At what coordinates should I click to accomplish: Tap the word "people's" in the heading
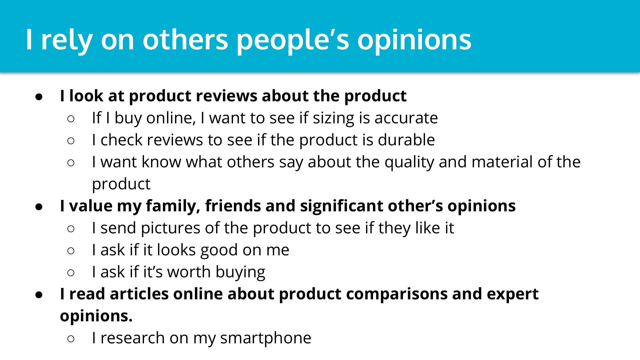293,40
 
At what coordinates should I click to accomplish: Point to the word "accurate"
406,118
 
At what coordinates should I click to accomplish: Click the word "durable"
406,140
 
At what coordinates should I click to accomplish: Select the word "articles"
139,294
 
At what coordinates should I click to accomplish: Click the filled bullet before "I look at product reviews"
39,97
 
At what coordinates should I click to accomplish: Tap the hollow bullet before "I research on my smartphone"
71,339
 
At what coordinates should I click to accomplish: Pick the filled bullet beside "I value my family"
39,207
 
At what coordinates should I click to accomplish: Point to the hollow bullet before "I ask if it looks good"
71,251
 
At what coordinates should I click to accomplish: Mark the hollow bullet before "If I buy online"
71,119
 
